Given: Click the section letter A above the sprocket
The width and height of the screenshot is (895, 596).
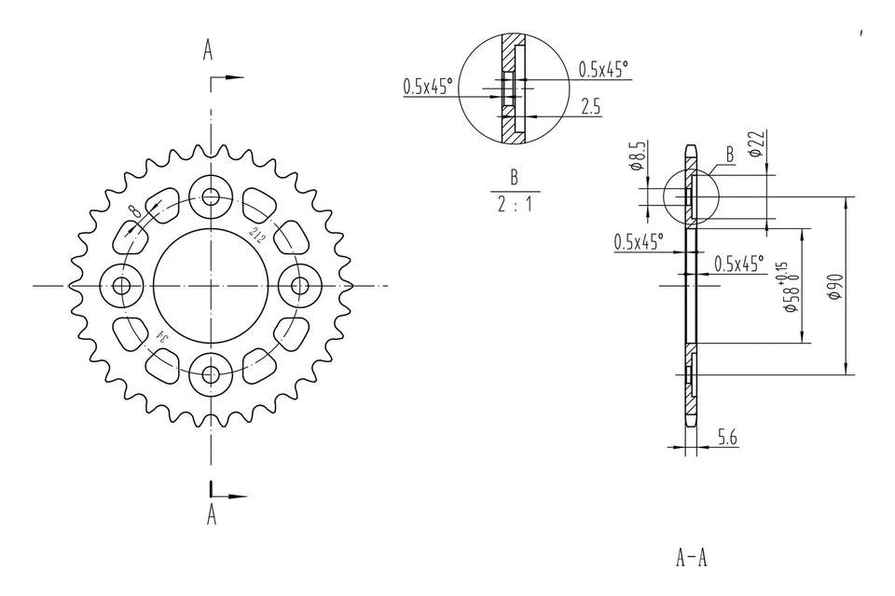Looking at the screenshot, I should [x=208, y=50].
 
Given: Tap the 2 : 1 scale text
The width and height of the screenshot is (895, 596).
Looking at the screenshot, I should [x=514, y=204].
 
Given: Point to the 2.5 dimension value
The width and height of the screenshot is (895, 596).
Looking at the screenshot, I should [x=589, y=108].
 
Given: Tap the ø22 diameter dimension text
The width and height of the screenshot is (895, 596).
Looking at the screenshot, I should [x=756, y=143].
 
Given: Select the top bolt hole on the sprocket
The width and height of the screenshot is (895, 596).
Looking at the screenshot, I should [x=211, y=196].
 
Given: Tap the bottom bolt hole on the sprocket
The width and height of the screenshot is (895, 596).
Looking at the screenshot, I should [x=211, y=374].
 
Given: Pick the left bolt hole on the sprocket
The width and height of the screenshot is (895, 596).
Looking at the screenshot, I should [x=121, y=285].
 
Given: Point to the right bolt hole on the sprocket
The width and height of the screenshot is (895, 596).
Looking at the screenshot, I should [x=300, y=285].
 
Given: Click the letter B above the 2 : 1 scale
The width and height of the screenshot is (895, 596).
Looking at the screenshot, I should [x=514, y=177].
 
